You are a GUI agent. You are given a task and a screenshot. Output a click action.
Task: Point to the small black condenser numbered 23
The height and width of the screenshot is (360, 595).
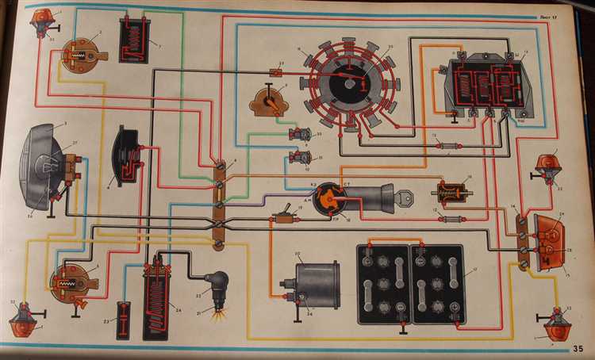pyautogui.click(x=123, y=320)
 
